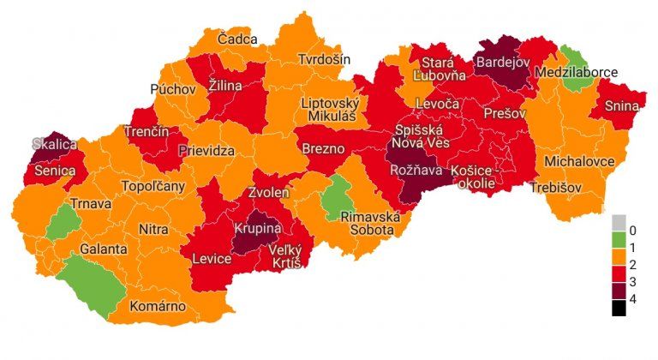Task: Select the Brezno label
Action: pos(324,148)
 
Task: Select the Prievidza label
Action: pos(207,151)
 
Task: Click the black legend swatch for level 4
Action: pos(619,307)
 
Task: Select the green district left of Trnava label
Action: pos(62,224)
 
